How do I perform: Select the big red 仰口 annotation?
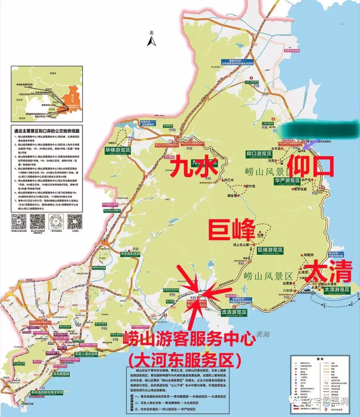(x=311, y=167)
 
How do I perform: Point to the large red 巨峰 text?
(x=231, y=229)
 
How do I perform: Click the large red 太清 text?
(x=329, y=271)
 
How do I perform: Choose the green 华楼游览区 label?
(x=118, y=150)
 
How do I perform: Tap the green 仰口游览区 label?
(x=259, y=154)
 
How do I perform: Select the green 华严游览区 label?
(x=287, y=181)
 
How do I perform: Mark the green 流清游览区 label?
(x=234, y=312)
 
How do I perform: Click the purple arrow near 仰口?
(x=312, y=143)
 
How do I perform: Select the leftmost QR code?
(x=19, y=221)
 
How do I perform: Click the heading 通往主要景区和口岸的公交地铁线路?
(x=47, y=131)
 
